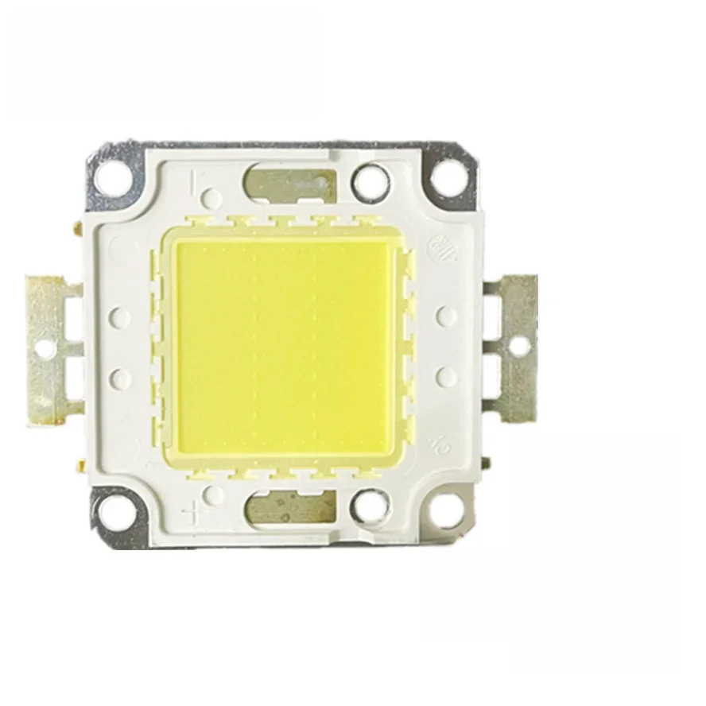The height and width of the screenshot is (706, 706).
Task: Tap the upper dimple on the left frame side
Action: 121,316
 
